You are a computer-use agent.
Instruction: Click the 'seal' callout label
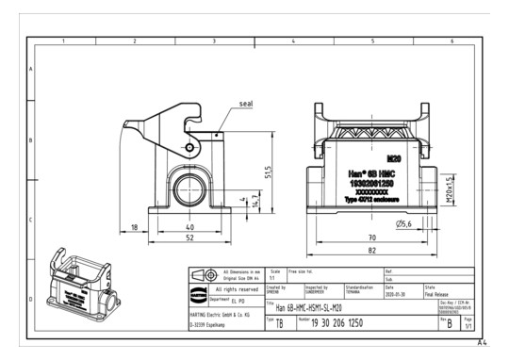tap(246, 104)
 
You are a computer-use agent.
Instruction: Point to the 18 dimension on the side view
tap(136, 227)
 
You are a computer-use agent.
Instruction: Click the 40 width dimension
tap(189, 227)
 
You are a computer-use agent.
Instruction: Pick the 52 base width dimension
tap(189, 239)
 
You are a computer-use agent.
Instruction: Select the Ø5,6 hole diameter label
tap(403, 223)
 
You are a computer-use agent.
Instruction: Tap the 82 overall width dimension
tap(372, 252)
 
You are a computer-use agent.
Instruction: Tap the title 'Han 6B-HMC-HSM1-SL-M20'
tap(303, 308)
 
